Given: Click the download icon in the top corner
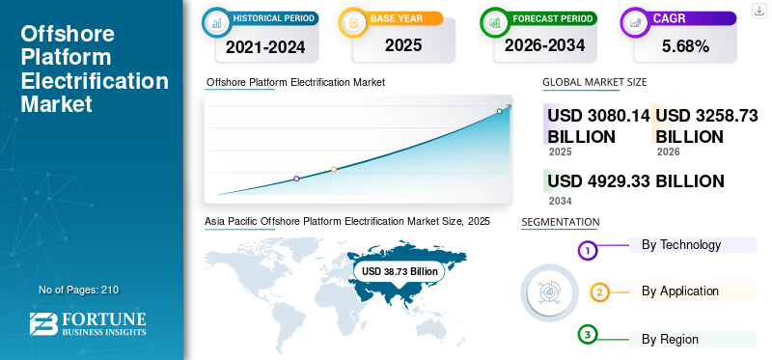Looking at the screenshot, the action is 758,11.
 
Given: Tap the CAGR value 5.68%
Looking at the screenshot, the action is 685,46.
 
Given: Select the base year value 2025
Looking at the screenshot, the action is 403,45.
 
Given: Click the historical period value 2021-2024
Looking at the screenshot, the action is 265,46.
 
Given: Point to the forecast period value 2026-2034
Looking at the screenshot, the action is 544,45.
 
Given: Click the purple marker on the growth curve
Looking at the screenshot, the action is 296,179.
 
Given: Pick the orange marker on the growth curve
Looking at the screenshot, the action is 334,170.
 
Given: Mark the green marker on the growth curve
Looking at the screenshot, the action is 499,111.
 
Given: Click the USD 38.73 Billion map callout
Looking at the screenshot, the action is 400,271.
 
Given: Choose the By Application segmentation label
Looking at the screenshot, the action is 680,291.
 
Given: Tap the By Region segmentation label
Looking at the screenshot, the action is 670,340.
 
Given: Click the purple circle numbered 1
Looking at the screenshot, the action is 587,251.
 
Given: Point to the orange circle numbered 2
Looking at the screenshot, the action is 599,293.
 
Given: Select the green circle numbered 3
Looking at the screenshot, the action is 587,335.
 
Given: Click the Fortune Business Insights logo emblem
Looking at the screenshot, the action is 43,324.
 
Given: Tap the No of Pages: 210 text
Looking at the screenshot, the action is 79,290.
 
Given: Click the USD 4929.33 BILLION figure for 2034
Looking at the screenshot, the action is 636,180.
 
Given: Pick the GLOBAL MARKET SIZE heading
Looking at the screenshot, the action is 594,82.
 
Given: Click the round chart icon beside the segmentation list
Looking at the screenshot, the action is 550,293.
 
